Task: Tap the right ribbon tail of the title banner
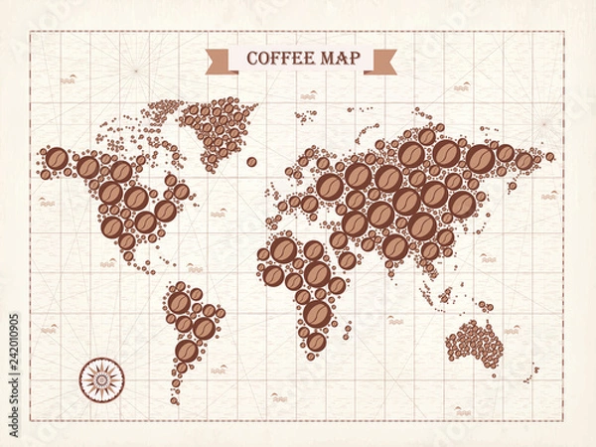[380, 62]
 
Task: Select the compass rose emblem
[99, 377]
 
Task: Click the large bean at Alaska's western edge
[57, 159]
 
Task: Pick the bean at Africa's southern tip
[316, 341]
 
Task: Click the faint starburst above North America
[134, 72]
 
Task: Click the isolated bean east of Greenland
[252, 162]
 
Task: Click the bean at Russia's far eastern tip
[549, 156]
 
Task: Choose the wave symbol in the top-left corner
[68, 78]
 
